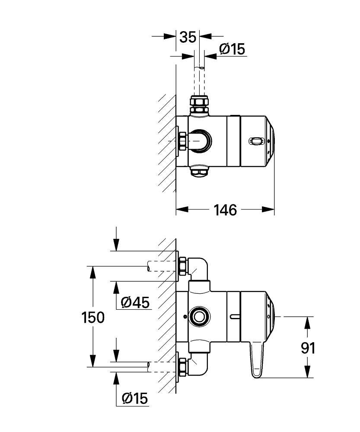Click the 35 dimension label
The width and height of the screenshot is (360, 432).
(188, 37)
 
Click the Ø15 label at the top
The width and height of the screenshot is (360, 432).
(232, 49)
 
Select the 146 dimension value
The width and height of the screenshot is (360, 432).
(225, 210)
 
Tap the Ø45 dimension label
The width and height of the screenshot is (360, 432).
(135, 302)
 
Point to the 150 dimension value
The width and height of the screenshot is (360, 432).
(93, 317)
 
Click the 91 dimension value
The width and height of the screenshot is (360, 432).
(308, 348)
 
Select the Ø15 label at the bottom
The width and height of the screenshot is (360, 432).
(135, 398)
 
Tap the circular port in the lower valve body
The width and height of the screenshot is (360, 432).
(199, 317)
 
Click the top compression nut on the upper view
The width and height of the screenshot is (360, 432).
(199, 105)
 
